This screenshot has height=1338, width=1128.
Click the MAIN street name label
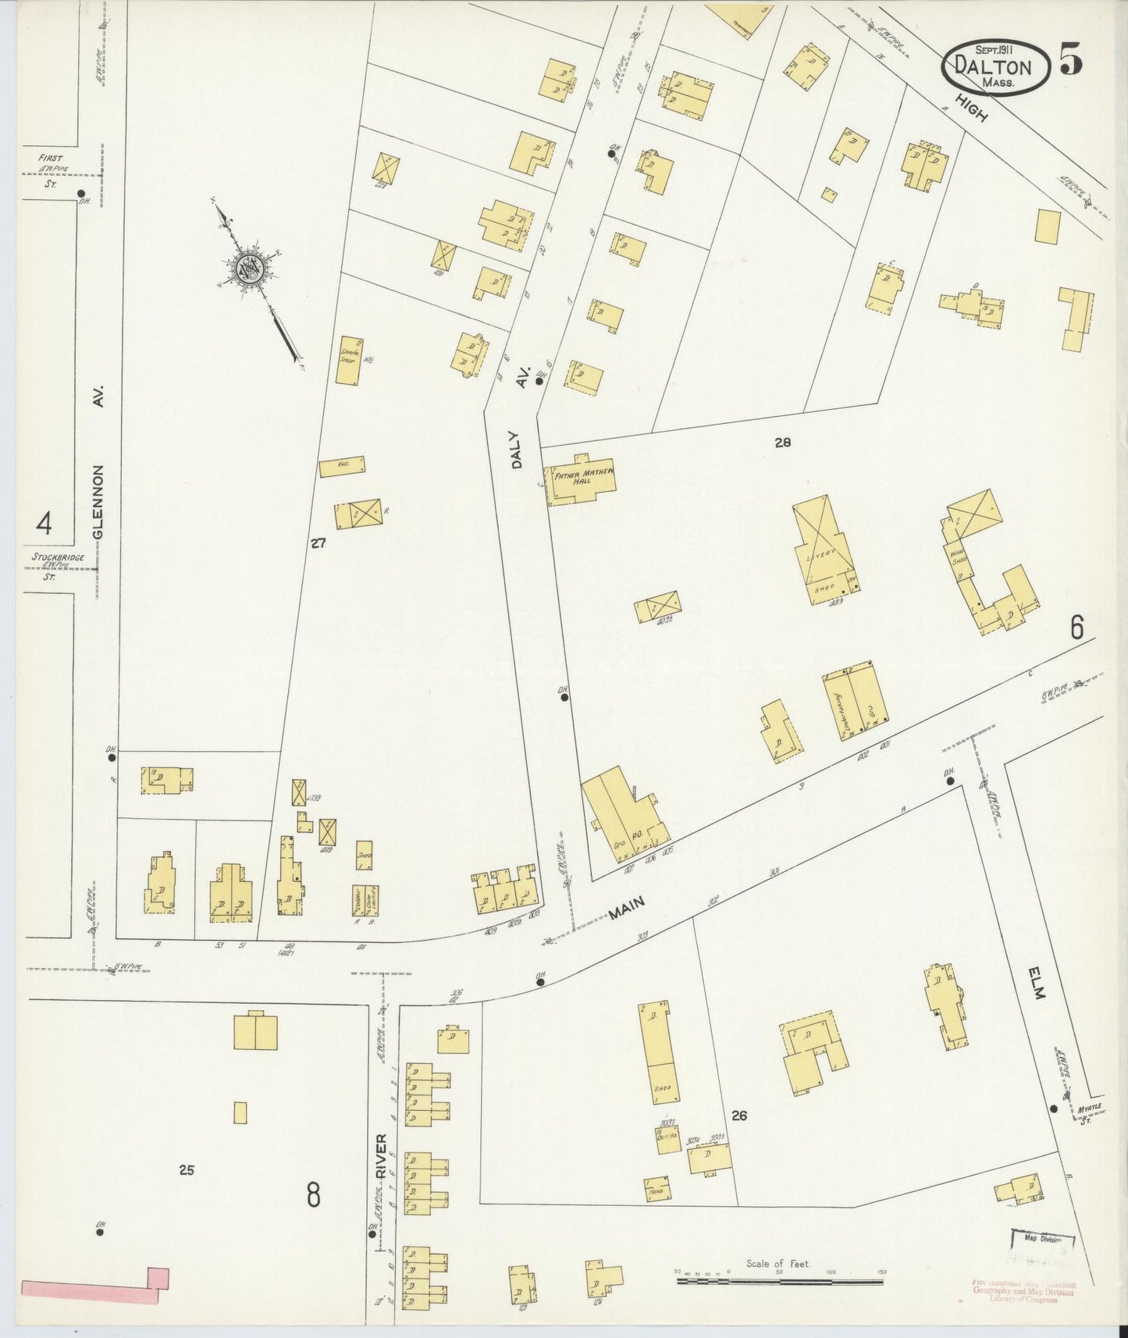pos(628,908)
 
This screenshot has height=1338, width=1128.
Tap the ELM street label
pos(1036,982)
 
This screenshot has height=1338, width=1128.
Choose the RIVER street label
pos(380,1155)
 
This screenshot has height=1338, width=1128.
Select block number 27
pos(318,543)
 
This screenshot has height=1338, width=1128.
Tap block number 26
pos(738,1116)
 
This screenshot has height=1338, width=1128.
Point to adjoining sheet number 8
pos(313,1195)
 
